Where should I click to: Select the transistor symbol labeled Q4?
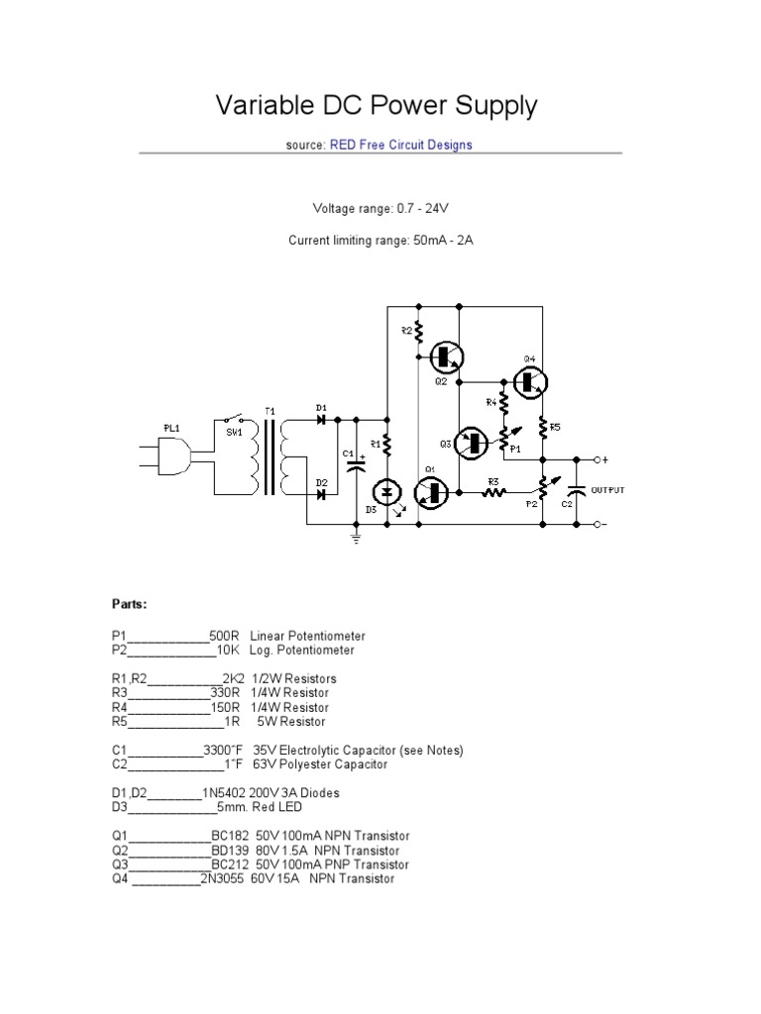click(532, 380)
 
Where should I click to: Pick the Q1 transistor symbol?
click(432, 490)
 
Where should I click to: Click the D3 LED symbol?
click(387, 491)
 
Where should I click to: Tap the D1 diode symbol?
click(321, 419)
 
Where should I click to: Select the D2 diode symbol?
click(321, 492)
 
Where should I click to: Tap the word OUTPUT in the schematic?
click(608, 490)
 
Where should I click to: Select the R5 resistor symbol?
click(543, 428)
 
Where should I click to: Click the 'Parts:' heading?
click(129, 603)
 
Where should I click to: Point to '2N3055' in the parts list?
click(223, 878)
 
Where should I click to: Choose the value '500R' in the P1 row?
click(225, 635)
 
